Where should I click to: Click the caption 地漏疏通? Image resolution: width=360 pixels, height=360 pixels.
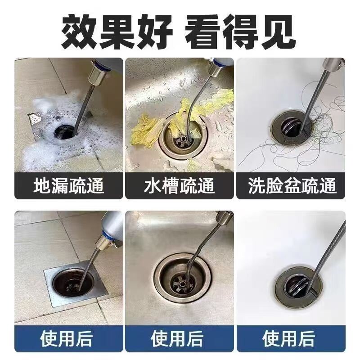[69, 185]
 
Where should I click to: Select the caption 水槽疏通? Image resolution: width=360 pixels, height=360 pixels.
[179, 185]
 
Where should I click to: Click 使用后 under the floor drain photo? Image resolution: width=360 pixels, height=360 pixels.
[66, 338]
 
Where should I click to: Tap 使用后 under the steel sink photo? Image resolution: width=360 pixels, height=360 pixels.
[177, 338]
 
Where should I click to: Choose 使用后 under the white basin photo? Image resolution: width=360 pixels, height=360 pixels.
[288, 338]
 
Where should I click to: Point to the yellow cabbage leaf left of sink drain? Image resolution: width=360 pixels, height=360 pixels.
[145, 132]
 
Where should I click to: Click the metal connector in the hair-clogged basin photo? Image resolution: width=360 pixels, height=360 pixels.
[332, 64]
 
